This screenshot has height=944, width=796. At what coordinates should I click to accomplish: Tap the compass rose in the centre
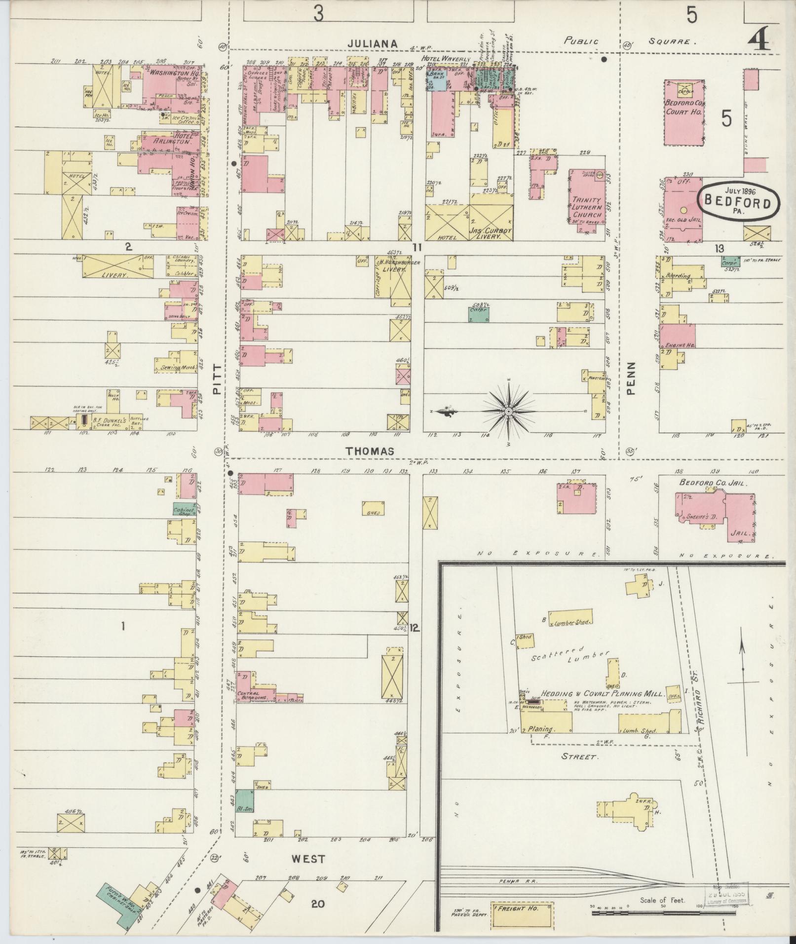click(508, 411)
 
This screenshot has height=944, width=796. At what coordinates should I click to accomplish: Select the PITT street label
click(217, 383)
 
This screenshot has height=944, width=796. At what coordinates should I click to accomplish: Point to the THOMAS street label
click(370, 451)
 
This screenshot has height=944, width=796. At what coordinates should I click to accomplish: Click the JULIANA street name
click(372, 43)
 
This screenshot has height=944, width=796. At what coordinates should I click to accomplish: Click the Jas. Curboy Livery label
click(491, 233)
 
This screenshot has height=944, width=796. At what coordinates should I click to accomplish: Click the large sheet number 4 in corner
click(758, 39)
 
